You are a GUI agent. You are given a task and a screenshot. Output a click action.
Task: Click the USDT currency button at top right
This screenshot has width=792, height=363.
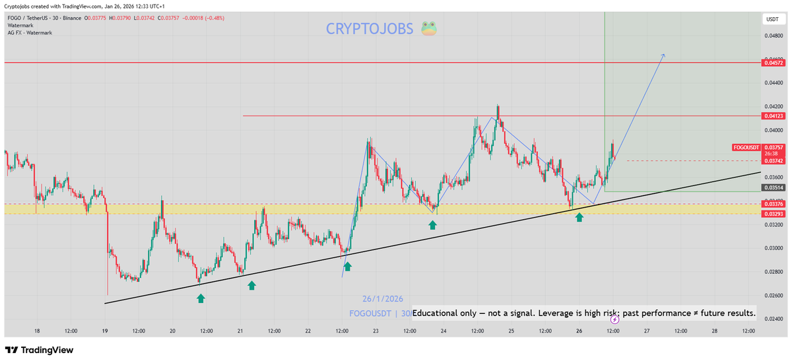772,20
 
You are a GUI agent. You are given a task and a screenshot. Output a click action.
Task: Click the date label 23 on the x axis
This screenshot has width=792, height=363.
376,331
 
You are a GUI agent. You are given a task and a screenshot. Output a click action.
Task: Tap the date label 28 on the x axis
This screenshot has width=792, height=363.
715,331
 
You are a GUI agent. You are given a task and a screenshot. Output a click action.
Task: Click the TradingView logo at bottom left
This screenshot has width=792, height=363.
39,350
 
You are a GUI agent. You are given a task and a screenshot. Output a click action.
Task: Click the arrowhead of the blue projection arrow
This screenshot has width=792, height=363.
663,55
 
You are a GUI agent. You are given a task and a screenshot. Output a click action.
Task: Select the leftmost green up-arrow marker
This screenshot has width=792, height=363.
201,298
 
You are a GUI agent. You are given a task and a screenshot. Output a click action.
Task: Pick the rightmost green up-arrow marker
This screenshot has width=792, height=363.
579,216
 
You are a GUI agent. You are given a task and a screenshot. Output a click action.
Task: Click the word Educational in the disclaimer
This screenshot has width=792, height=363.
439,313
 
